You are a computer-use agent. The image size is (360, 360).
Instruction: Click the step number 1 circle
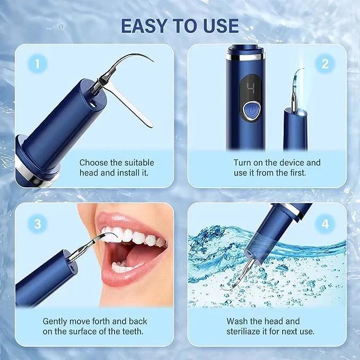[x=37, y=65]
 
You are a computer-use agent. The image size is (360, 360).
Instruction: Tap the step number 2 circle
[x=325, y=65]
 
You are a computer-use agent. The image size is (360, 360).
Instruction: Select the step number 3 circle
[x=37, y=223]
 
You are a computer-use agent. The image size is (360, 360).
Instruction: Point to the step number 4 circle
[x=325, y=223]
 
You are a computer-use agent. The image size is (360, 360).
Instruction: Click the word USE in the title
[x=216, y=25]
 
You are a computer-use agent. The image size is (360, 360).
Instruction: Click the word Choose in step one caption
[x=94, y=162]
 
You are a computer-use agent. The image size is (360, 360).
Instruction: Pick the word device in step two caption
[x=289, y=162]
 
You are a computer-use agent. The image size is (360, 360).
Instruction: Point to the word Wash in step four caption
[x=238, y=321]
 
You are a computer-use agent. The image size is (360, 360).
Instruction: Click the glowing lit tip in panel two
[x=300, y=74]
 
